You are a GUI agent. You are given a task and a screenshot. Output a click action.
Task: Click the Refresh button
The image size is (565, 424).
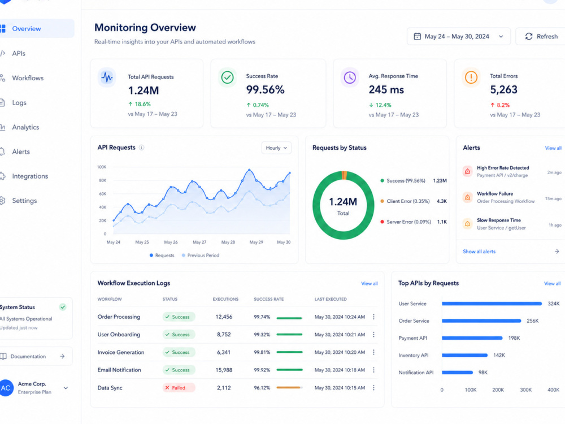[x=541, y=36]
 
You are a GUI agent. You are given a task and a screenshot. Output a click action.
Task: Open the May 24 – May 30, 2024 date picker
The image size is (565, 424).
[x=458, y=36]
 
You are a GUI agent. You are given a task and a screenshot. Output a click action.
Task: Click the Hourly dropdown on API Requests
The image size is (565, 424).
[x=276, y=148]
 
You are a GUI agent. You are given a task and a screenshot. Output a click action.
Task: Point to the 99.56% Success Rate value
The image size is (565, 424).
[x=265, y=90]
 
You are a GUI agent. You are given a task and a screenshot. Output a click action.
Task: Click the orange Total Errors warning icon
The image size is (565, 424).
[x=471, y=77]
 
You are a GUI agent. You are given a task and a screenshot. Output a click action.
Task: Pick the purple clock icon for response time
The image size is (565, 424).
[x=350, y=77]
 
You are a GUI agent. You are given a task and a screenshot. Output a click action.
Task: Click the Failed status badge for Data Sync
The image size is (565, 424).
[x=179, y=388]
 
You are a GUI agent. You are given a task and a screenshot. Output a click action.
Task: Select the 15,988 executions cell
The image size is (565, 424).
[x=224, y=370]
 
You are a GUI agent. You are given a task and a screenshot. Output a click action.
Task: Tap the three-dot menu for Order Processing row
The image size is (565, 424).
[x=373, y=317]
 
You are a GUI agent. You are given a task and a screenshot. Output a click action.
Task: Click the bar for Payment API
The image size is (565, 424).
[x=472, y=338]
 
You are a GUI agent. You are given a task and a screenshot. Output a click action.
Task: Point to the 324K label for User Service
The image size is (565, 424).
[x=554, y=304]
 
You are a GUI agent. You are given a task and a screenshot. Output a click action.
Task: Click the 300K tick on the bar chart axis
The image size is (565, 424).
[x=525, y=390]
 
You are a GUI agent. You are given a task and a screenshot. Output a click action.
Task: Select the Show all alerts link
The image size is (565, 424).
[x=479, y=252]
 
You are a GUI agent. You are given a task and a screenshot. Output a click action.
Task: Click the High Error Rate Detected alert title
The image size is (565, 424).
[x=503, y=168]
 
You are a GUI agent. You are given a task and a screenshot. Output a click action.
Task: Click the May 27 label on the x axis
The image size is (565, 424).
[x=199, y=243]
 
